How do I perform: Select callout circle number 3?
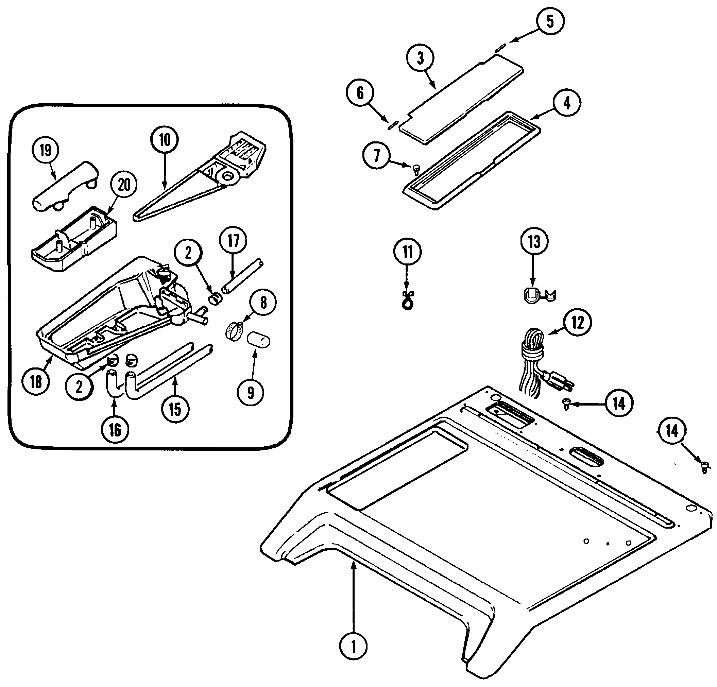point(420,58)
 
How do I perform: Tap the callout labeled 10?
point(165,139)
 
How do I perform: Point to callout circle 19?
point(45,150)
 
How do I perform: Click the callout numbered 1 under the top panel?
point(353,647)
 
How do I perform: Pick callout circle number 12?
point(578,322)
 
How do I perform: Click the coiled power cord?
point(532,362)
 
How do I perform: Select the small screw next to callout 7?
point(416,168)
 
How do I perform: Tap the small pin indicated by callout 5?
point(500,47)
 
